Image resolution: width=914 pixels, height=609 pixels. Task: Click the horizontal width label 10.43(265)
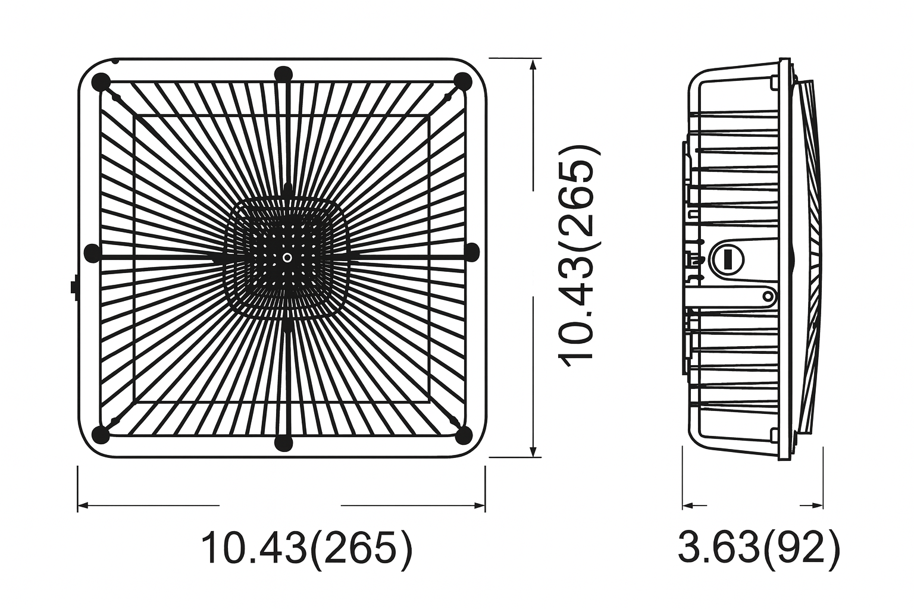(x=306, y=548)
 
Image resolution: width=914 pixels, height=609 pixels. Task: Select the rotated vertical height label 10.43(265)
(x=575, y=256)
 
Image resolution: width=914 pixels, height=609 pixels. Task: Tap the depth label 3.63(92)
(x=759, y=548)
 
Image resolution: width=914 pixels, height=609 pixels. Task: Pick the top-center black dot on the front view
(x=284, y=74)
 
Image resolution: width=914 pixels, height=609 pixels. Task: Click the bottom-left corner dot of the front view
(x=102, y=435)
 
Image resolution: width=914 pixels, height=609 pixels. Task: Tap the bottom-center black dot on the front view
(x=284, y=443)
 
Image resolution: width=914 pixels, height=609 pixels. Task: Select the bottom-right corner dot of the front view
(x=462, y=435)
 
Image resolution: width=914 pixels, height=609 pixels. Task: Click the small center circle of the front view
(x=287, y=258)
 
